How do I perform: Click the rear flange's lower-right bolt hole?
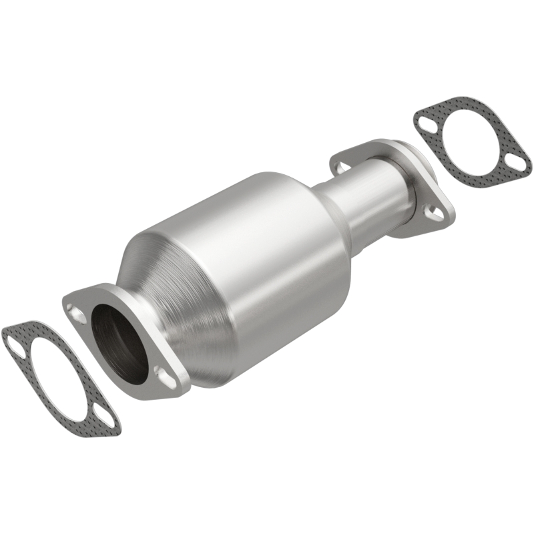435,214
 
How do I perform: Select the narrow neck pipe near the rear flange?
360,194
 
